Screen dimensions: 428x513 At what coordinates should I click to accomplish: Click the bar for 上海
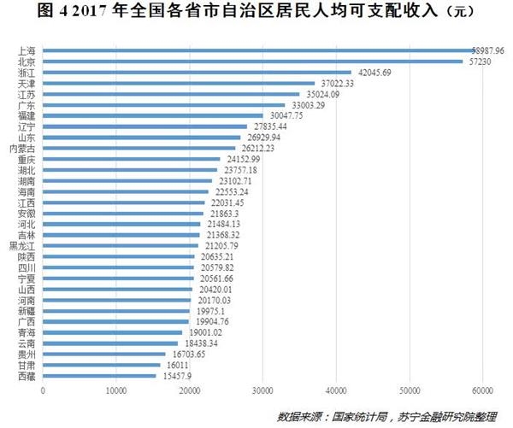pos(256,51)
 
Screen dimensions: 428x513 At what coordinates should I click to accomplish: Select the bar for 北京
pos(252,62)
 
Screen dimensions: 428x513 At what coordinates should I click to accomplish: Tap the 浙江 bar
pos(197,73)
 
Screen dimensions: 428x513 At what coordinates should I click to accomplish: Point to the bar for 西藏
pos(99,376)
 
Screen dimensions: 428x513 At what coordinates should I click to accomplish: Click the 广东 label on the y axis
pos(27,105)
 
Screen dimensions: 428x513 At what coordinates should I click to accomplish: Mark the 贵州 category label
pos(27,354)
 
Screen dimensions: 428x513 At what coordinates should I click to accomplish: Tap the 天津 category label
pos(27,84)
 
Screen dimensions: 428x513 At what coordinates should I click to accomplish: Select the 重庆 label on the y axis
pos(27,159)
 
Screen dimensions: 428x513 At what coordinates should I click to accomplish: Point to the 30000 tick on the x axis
pos(262,391)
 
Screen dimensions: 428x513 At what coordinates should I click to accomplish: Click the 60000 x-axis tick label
pos(482,391)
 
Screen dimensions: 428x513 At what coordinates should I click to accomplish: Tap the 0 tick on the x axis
pos(43,391)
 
